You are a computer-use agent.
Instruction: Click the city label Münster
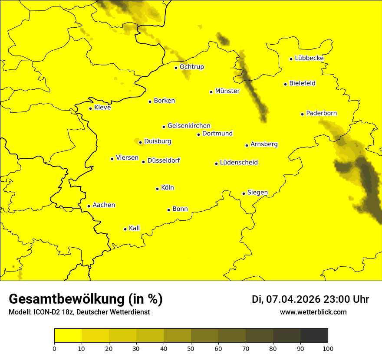pyautogui.click(x=227, y=91)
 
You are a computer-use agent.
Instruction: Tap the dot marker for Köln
pyautogui.click(x=157, y=189)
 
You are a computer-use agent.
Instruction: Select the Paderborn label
pyautogui.click(x=321, y=113)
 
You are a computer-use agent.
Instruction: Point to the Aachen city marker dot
pyautogui.click(x=89, y=206)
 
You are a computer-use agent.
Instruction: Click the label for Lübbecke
pyautogui.click(x=309, y=58)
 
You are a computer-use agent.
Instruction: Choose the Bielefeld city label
pyautogui.click(x=302, y=83)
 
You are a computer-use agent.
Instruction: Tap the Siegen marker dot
pyautogui.click(x=244, y=193)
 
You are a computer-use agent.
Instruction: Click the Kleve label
pyautogui.click(x=102, y=108)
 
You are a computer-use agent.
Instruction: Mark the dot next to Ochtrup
pyautogui.click(x=176, y=68)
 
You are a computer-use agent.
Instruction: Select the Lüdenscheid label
pyautogui.click(x=239, y=163)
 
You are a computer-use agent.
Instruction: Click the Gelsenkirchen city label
pyautogui.click(x=189, y=126)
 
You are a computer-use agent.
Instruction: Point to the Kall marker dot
pyautogui.click(x=125, y=229)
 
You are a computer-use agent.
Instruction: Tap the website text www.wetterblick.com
pyautogui.click(x=313, y=312)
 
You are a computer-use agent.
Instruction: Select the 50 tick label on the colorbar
pyautogui.click(x=191, y=348)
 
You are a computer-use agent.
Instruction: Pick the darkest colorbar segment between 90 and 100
pyautogui.click(x=314, y=336)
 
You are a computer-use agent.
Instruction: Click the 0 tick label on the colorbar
pyautogui.click(x=54, y=348)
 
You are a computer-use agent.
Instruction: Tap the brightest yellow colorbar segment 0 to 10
pyautogui.click(x=68, y=336)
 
